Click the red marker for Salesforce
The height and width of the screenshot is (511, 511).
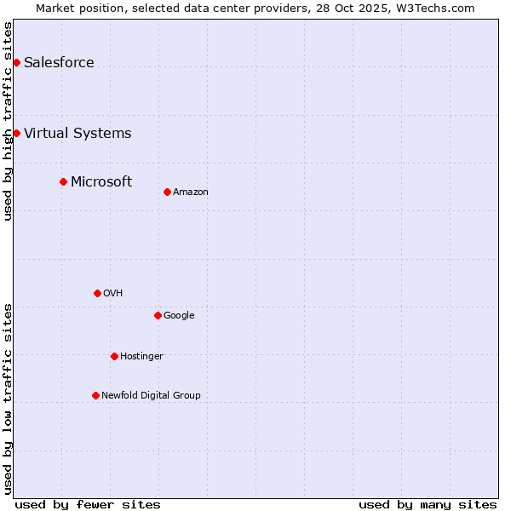(16, 62)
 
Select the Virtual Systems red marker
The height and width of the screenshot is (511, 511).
(16, 133)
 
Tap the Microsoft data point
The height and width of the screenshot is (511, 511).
(63, 181)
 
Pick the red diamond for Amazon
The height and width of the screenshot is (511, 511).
(167, 192)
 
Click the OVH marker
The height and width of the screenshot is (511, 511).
(97, 293)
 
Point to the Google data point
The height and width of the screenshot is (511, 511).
(158, 315)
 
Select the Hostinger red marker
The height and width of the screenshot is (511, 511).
(114, 356)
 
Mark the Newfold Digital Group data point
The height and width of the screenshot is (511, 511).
(95, 395)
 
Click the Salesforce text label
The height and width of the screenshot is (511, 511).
(59, 62)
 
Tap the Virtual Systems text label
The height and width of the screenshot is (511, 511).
(78, 133)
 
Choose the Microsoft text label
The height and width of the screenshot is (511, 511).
(101, 181)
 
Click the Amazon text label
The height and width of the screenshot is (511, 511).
(191, 192)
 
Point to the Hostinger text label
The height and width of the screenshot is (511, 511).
(141, 356)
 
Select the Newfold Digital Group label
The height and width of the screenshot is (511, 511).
(151, 395)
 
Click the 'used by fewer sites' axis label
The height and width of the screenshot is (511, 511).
(88, 504)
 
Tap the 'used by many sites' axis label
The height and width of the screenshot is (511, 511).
(428, 504)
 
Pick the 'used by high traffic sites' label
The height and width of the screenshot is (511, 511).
(8, 121)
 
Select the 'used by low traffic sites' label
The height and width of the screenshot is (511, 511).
(8, 399)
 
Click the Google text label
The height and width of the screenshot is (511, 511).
(179, 315)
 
